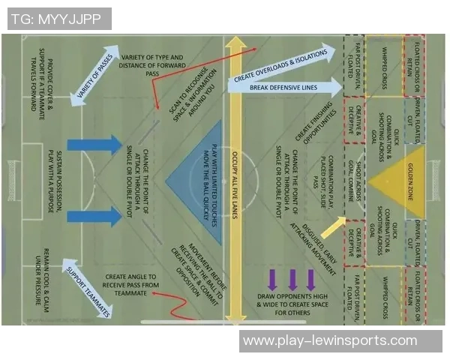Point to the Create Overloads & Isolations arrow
click(x=282, y=67)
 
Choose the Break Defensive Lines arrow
click(x=285, y=87)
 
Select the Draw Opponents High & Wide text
click(x=292, y=304)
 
